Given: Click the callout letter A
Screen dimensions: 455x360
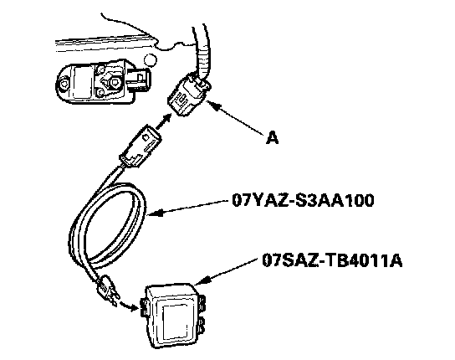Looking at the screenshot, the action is click(272, 137).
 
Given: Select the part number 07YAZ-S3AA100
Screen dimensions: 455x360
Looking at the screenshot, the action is click(303, 200).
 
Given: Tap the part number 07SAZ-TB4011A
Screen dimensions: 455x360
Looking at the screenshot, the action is click(332, 260).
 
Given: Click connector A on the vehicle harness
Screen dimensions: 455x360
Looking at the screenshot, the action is click(189, 95).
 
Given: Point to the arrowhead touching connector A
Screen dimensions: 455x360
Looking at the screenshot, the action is click(212, 105).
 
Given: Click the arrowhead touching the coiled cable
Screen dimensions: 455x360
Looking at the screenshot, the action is click(155, 213).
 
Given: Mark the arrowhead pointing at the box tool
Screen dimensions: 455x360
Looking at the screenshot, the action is click(201, 281).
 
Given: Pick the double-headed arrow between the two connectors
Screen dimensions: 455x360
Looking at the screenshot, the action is click(163, 121).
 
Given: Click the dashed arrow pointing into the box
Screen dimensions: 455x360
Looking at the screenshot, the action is click(129, 305).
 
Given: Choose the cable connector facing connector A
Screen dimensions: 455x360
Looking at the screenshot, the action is click(141, 147).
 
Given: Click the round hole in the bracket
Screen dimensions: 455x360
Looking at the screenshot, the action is click(151, 60).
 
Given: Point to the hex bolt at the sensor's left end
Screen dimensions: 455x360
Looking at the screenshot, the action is click(64, 85).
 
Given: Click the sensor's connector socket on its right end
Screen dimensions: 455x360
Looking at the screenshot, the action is click(139, 79).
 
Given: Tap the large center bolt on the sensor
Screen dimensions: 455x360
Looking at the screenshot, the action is click(114, 83).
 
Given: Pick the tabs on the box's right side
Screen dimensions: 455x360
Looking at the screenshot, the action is click(201, 314).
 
